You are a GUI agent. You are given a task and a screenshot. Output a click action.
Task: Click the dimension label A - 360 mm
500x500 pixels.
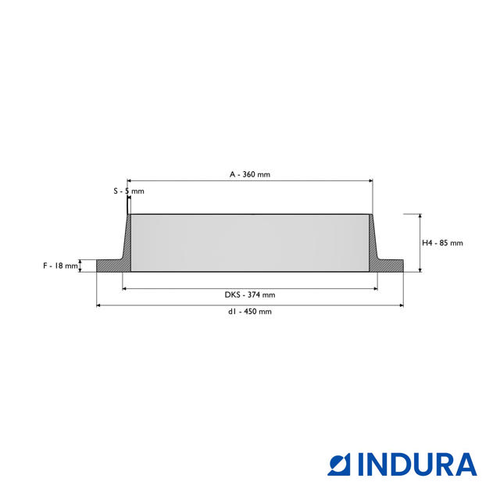pos(250,175)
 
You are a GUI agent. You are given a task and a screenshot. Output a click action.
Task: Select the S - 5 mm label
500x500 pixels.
pos(128,191)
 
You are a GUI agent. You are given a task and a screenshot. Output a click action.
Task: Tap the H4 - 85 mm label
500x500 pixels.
pos(442,243)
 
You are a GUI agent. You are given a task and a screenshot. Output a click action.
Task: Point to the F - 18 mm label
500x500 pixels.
pos(61,266)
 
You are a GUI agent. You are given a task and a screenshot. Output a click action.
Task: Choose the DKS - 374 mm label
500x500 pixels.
pos(250,295)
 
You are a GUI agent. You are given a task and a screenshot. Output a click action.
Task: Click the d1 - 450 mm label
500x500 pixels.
pos(250,312)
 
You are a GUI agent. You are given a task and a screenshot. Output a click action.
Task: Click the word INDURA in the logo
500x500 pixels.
pos(417,464)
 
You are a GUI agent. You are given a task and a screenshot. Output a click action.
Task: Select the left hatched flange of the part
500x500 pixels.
pos(109,266)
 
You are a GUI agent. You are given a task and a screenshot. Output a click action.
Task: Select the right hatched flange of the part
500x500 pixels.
pos(389,266)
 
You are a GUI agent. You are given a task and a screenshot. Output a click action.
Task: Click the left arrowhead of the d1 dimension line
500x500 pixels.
pos(99,305)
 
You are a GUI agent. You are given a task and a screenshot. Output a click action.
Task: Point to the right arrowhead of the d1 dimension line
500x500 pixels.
pos(401,305)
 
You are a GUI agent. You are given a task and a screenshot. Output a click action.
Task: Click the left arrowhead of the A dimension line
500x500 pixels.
pos(130,180)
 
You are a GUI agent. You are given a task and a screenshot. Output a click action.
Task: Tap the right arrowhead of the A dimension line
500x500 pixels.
pos(370,180)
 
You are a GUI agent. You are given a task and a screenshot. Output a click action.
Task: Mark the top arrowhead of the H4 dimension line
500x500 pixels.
pos(420,217)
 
